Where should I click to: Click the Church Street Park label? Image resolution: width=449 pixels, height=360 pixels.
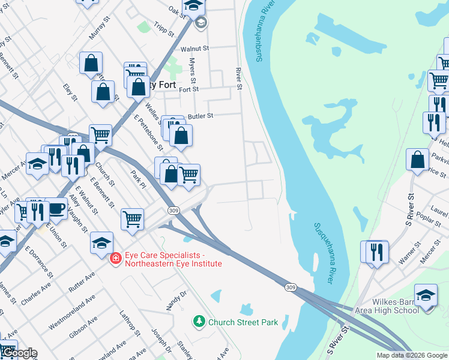pyautogui.click(x=243, y=322)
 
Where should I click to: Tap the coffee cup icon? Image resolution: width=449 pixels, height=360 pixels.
pyautogui.click(x=56, y=209)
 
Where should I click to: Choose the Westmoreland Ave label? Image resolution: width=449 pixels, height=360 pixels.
pyautogui.click(x=72, y=313)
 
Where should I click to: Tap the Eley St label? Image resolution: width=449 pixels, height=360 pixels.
pyautogui.click(x=71, y=92)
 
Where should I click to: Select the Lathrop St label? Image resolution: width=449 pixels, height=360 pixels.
pyautogui.click(x=130, y=323)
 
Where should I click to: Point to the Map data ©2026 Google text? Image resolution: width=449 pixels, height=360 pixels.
pyautogui.click(x=411, y=355)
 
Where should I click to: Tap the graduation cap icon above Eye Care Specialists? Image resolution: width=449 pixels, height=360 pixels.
pyautogui.click(x=101, y=242)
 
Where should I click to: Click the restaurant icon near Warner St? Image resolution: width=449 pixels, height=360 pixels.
pyautogui.click(x=377, y=251)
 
